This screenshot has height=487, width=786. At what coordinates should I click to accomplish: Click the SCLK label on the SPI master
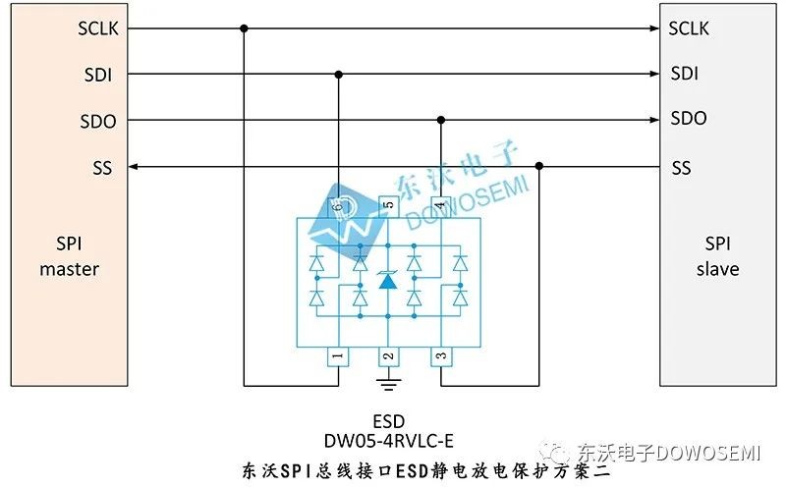[98, 28]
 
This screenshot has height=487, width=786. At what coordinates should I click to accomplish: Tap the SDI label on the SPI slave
[684, 74]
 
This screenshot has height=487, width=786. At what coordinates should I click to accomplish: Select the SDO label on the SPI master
[98, 121]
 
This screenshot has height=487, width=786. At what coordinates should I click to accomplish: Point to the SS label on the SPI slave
[681, 167]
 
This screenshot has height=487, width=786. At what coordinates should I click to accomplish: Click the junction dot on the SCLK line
[244, 28]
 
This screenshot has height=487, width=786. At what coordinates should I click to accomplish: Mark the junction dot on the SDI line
[339, 75]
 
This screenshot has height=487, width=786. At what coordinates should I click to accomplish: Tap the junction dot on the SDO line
[441, 120]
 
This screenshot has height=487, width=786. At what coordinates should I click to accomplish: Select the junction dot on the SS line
[539, 166]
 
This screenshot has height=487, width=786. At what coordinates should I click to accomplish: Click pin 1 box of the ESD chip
[338, 356]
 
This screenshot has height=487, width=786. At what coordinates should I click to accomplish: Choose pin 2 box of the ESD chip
[388, 356]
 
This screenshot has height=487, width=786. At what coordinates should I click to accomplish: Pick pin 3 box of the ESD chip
[441, 356]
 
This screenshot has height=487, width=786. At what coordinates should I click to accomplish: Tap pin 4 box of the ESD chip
[440, 206]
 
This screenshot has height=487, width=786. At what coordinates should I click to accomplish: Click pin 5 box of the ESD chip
[388, 206]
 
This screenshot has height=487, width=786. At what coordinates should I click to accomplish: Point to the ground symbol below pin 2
[388, 384]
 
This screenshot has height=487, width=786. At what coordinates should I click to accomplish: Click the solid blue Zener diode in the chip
[388, 280]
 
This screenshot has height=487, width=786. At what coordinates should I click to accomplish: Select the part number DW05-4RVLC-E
[388, 441]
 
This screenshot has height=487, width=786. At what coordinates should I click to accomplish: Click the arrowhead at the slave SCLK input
[654, 28]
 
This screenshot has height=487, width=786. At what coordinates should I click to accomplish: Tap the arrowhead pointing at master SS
[134, 166]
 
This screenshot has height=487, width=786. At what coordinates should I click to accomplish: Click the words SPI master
[69, 256]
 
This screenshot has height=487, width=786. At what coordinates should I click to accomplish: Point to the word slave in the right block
[718, 269]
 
